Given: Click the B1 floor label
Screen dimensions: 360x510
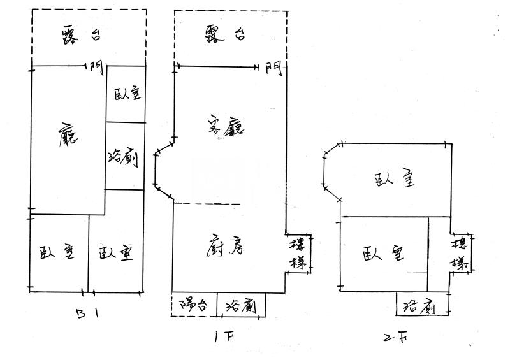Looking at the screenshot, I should [87, 314].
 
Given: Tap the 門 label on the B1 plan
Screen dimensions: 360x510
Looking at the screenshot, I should [97, 66].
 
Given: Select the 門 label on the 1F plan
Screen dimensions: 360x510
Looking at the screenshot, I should [273, 67].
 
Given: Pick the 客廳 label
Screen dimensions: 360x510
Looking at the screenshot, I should [228, 126].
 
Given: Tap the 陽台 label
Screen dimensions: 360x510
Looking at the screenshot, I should [193, 305].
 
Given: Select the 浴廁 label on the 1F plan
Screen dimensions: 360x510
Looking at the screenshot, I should [241, 306].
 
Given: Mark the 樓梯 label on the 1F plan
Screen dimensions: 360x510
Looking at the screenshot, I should [298, 254].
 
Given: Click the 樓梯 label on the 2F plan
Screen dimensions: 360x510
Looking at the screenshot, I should [460, 253].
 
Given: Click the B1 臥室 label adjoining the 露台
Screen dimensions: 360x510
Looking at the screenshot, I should [127, 94].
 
